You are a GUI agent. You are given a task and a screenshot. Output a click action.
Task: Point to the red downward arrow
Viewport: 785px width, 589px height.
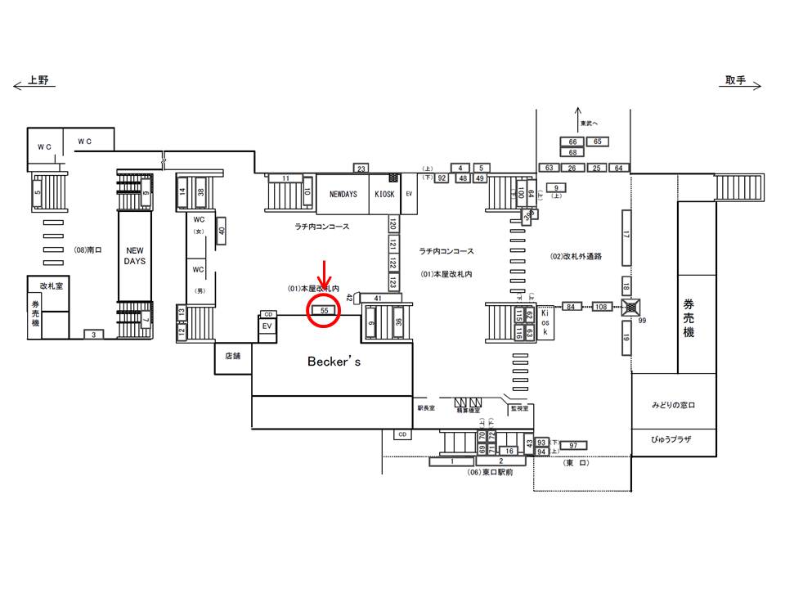click(x=325, y=278)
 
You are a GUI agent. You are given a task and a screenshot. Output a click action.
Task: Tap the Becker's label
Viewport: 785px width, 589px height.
click(x=332, y=361)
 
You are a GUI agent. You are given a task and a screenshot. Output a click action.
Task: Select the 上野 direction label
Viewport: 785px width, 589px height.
click(x=38, y=80)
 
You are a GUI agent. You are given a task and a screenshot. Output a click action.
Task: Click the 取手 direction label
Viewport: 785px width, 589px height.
click(x=736, y=80)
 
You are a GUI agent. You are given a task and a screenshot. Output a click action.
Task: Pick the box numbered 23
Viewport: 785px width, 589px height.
click(x=361, y=169)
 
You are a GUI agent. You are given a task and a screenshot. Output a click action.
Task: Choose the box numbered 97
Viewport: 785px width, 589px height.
click(x=573, y=445)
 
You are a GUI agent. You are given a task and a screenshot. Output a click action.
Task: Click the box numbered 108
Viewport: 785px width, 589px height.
click(x=602, y=307)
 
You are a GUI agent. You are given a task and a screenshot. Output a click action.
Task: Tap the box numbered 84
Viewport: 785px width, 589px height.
click(x=571, y=307)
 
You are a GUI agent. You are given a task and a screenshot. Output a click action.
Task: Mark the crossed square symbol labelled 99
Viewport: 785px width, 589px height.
click(x=630, y=308)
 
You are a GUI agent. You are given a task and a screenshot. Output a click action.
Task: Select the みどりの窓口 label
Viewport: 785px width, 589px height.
click(x=672, y=405)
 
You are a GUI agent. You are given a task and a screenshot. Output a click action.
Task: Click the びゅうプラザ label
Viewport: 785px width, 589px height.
click(x=671, y=439)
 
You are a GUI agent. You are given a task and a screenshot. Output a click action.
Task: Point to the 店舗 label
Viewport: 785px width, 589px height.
click(x=232, y=356)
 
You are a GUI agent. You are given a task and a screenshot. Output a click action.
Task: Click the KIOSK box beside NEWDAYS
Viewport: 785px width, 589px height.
click(x=384, y=195)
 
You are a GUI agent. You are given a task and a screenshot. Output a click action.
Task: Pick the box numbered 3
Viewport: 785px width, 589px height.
click(x=93, y=334)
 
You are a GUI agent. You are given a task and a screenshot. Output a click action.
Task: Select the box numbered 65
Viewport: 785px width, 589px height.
click(x=598, y=142)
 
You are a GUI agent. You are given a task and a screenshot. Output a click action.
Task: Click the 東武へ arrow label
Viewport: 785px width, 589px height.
click(x=589, y=124)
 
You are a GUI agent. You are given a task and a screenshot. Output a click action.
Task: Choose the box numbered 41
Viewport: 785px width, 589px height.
click(x=377, y=298)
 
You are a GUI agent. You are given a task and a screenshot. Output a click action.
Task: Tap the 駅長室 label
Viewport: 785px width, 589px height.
click(x=426, y=407)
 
